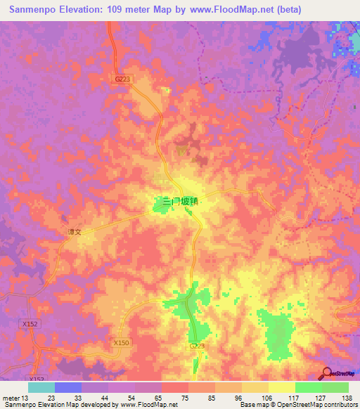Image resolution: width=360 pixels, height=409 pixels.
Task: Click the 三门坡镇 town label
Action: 181,201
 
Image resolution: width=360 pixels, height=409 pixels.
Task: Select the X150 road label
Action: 121,342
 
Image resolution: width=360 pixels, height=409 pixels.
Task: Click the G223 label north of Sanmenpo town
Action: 122,79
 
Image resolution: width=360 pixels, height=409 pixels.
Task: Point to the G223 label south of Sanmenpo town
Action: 197,346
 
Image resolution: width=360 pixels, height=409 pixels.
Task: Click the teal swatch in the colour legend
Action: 41,387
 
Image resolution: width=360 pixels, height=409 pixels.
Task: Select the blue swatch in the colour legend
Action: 67,387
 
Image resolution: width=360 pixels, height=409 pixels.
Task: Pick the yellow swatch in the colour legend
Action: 281,387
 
